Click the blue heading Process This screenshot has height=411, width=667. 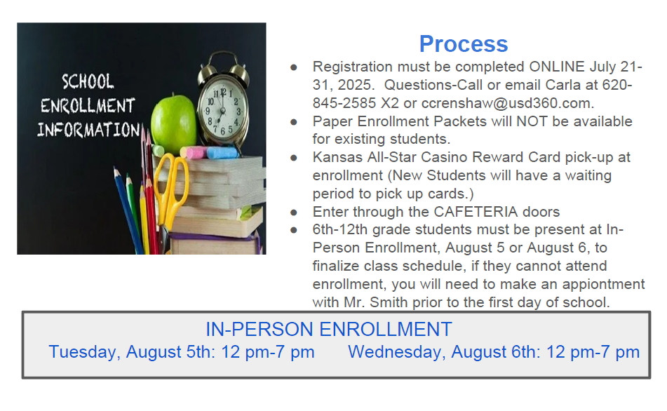point(463,43)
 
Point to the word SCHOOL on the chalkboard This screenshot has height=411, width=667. point(88,81)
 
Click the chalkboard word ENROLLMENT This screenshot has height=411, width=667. point(88,105)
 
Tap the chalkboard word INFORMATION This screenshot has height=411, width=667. point(88,130)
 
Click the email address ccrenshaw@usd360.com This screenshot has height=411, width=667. point(508,103)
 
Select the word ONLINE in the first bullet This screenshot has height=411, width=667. point(557,67)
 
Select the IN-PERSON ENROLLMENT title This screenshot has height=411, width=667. point(329,330)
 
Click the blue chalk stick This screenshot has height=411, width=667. point(222,153)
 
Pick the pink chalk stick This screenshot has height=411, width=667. point(196,152)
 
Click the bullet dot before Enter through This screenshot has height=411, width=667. point(293,213)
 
